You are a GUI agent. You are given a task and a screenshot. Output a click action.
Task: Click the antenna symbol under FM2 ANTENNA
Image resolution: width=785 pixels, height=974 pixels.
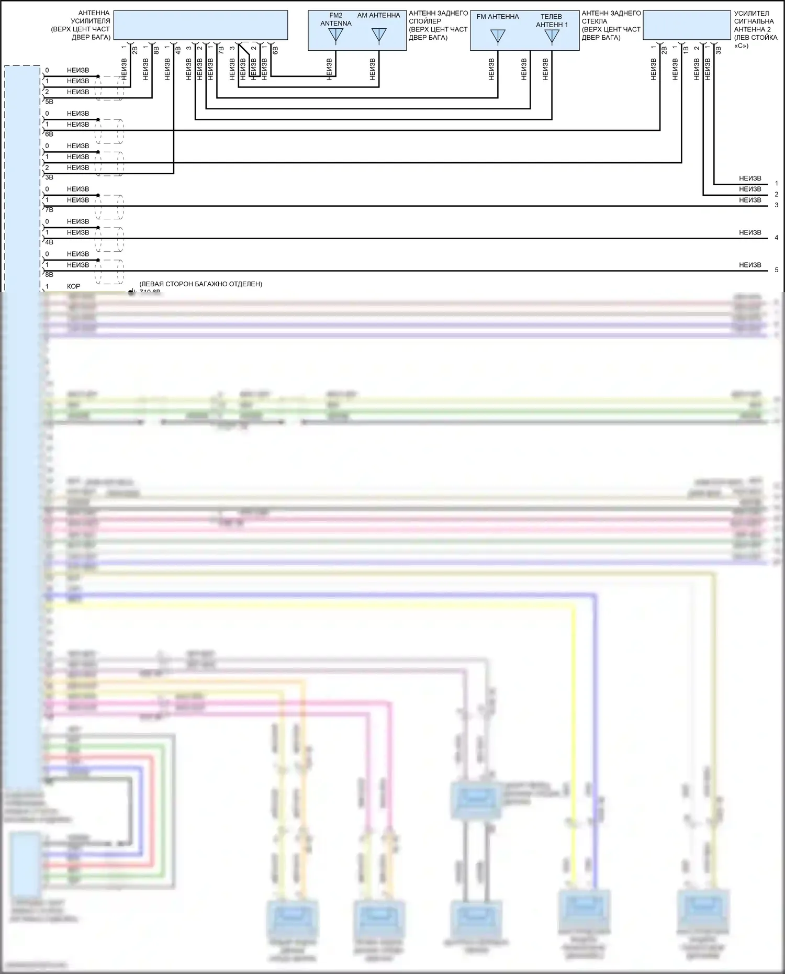(x=335, y=36)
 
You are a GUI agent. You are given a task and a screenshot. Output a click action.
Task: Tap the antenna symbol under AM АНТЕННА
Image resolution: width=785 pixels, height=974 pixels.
(x=378, y=36)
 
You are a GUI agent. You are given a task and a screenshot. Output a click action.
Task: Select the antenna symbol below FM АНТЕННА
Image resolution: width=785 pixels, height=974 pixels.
(x=498, y=37)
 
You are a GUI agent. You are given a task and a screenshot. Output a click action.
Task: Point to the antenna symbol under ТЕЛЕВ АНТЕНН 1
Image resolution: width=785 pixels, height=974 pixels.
(x=552, y=37)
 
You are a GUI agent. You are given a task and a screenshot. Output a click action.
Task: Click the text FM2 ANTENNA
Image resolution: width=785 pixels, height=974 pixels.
(x=336, y=19)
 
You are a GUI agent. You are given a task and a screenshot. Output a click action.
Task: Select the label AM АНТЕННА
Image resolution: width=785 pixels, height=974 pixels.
(x=378, y=16)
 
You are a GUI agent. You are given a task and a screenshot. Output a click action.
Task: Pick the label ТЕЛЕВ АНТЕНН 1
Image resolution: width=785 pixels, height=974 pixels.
(x=552, y=20)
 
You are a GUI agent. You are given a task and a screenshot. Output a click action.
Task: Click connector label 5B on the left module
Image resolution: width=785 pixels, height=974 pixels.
(x=49, y=102)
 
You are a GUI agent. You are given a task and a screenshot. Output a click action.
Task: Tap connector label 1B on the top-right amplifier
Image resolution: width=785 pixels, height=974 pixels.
(x=686, y=50)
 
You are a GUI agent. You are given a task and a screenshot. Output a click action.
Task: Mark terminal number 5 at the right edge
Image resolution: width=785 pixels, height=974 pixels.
(x=777, y=270)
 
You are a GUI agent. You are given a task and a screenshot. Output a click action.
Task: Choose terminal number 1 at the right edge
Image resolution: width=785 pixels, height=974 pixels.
(x=777, y=183)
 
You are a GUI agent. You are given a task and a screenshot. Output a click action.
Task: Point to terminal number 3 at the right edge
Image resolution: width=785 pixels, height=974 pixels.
(x=777, y=205)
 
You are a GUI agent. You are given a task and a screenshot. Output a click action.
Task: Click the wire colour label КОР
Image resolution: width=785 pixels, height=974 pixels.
(x=73, y=286)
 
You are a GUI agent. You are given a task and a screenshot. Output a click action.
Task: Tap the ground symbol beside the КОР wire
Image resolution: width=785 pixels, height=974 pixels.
(x=131, y=292)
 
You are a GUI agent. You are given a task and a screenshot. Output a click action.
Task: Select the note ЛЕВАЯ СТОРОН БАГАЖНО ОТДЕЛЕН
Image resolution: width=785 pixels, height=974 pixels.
(x=200, y=284)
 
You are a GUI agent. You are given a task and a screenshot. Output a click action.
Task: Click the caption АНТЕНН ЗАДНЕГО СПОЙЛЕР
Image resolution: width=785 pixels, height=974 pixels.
(x=438, y=25)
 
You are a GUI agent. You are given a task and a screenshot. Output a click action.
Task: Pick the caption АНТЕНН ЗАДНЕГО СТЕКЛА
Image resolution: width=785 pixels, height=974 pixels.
(x=611, y=25)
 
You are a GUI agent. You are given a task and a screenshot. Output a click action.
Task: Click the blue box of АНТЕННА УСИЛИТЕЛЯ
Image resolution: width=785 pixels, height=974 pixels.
(x=200, y=25)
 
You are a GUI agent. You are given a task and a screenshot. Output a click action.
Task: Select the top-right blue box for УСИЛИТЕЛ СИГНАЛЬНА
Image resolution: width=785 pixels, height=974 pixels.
(x=687, y=25)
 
